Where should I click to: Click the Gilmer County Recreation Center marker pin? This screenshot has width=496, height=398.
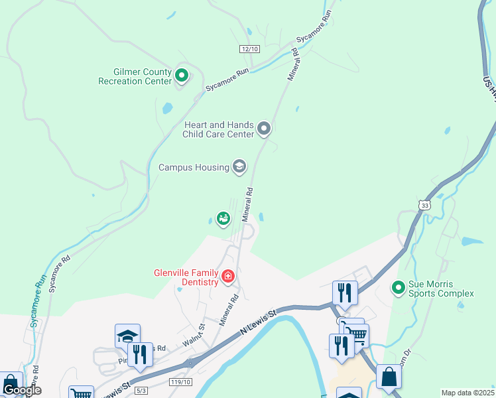[181, 76]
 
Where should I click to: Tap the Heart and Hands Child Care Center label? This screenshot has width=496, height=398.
[219, 129]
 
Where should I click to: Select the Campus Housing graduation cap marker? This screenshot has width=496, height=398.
[239, 166]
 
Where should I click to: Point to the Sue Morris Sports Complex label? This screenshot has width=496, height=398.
[441, 289]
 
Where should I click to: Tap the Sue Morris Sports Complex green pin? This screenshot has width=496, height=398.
[398, 287]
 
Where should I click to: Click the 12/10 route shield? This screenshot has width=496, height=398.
[249, 50]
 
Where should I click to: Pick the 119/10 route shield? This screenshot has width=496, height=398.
[180, 382]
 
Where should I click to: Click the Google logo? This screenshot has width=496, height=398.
[22, 390]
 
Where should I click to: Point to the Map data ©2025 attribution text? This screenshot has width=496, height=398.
[467, 393]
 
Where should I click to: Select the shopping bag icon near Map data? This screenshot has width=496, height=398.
[389, 376]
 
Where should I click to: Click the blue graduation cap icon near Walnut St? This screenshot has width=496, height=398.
[127, 336]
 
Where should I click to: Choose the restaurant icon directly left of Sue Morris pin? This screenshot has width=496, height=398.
[345, 293]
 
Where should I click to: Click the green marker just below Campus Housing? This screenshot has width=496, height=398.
[223, 218]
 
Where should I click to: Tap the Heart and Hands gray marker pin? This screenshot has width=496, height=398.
[264, 127]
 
